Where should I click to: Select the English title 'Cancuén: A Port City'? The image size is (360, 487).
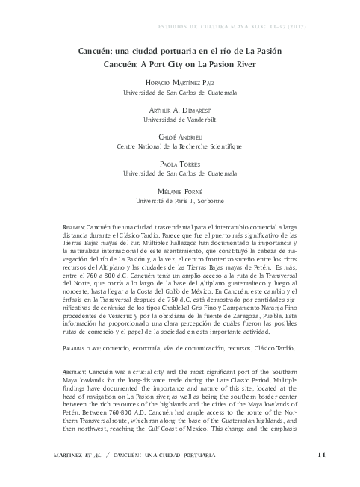click(x=179, y=65)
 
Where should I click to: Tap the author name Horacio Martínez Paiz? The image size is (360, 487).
click(x=179, y=83)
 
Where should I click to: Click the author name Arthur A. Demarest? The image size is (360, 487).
click(x=179, y=109)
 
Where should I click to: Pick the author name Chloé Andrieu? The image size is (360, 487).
click(x=179, y=137)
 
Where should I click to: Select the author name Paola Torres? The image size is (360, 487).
click(x=179, y=164)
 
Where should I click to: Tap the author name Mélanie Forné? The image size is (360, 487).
click(x=179, y=191)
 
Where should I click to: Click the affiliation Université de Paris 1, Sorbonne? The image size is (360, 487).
click(x=179, y=200)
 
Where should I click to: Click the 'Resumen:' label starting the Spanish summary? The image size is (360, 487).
click(x=75, y=226)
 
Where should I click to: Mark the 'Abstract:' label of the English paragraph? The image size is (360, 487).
click(x=76, y=392)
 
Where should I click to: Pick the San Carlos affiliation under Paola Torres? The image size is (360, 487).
click(x=179, y=173)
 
